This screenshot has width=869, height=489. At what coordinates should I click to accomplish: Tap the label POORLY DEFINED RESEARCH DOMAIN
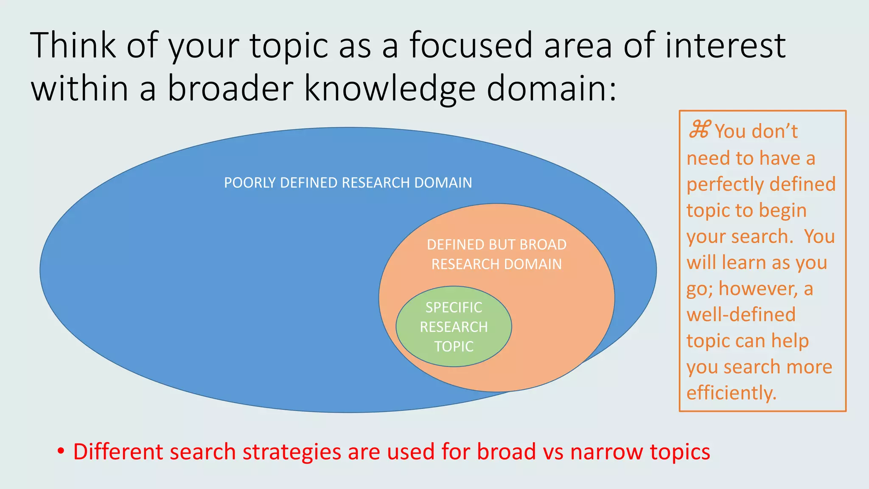pos(348,183)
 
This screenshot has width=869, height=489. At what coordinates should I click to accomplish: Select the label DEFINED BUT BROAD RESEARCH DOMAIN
pos(496,254)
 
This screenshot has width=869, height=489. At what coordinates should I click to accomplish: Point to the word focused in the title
pos(471,45)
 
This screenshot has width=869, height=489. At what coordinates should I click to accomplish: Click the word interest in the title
pos(725,45)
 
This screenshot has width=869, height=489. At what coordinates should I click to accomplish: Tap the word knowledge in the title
pos(390,89)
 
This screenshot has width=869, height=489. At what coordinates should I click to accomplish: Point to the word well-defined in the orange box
pos(741,315)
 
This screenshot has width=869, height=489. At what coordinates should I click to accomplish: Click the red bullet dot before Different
pos(61,450)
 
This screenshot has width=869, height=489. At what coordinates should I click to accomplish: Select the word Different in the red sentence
pos(118,451)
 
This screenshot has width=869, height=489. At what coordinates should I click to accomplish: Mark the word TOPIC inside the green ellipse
pos(454,346)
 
